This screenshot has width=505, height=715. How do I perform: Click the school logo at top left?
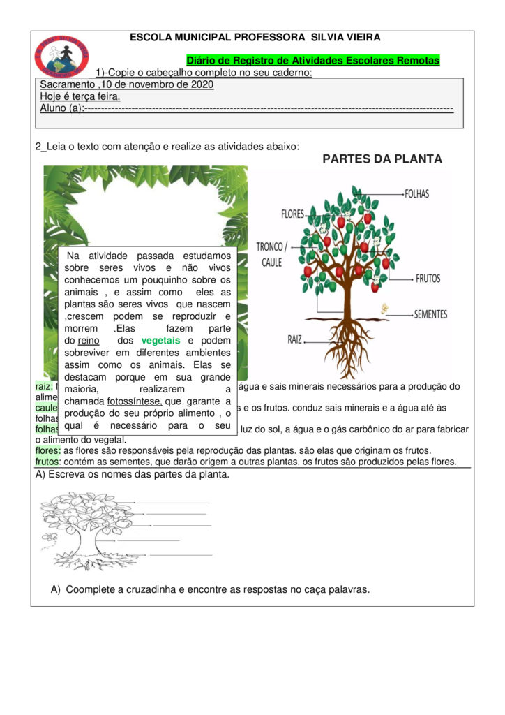(x=62, y=57)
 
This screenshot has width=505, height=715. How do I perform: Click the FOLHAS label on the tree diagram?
(x=416, y=193)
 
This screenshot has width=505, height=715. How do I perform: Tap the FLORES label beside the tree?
(x=292, y=214)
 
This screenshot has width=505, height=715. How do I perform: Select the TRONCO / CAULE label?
(x=271, y=254)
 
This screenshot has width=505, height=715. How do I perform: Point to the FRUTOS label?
(x=428, y=278)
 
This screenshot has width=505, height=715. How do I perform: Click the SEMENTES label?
(x=430, y=314)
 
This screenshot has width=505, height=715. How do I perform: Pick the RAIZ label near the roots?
(x=295, y=339)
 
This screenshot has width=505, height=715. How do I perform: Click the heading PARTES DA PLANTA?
(x=382, y=159)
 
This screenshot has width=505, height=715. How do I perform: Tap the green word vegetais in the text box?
(x=160, y=340)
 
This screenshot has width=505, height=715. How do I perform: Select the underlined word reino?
(x=89, y=340)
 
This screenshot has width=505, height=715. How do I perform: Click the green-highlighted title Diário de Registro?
(x=313, y=61)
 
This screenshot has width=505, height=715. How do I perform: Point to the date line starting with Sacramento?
(x=127, y=85)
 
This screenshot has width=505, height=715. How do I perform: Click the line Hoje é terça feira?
(x=80, y=96)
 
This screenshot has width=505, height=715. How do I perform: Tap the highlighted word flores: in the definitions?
(x=48, y=450)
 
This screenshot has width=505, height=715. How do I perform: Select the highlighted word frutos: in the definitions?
(x=48, y=462)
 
